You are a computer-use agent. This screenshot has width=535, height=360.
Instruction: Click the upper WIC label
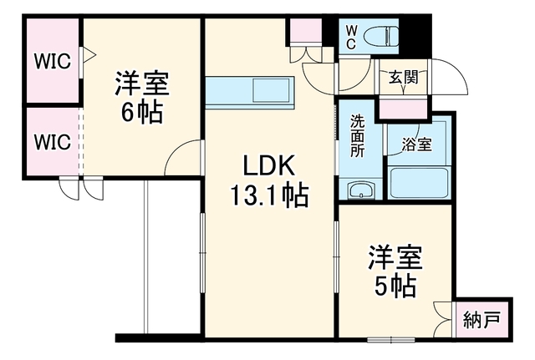(53, 61)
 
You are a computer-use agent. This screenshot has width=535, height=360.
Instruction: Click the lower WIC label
(53, 142)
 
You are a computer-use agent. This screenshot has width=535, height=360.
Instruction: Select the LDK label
(268, 166)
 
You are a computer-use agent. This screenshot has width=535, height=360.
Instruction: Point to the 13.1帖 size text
(269, 195)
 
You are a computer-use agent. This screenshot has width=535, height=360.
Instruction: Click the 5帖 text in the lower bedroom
(395, 286)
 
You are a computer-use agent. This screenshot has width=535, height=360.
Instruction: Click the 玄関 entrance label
(404, 78)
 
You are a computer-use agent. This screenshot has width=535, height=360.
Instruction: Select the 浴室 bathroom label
(416, 145)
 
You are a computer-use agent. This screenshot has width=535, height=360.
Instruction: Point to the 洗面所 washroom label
(357, 136)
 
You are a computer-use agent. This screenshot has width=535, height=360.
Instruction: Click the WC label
(351, 38)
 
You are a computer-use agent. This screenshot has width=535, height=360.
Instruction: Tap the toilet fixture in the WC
(381, 37)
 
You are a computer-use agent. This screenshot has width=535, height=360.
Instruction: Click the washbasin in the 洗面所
(361, 190)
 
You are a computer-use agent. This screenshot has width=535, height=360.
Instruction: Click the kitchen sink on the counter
(271, 90)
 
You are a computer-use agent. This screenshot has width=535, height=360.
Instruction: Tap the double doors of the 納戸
(444, 319)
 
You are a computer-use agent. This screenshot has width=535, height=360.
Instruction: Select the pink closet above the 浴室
(403, 109)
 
